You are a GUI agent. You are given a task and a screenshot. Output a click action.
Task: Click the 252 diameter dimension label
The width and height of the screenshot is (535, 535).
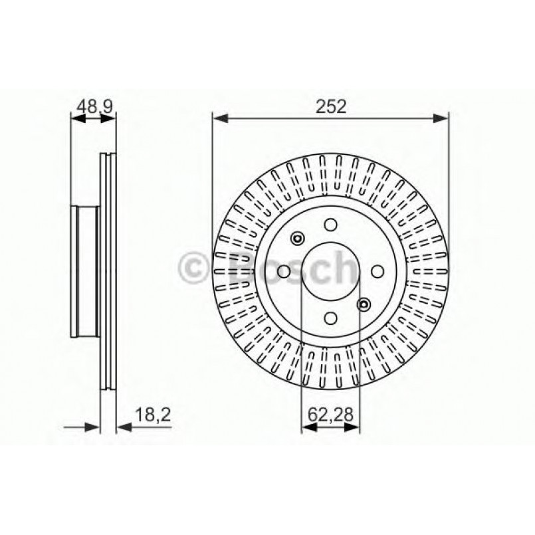(x=330, y=106)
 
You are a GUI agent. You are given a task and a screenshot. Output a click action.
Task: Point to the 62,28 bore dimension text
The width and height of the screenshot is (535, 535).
(x=330, y=417)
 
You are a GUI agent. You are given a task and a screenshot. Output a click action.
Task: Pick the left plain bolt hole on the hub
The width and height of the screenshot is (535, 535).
(x=285, y=271)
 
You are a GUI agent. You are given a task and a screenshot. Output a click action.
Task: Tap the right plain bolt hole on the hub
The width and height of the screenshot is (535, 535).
(x=376, y=271)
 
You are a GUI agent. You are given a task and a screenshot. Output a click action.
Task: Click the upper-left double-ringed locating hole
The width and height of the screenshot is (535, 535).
(x=298, y=239)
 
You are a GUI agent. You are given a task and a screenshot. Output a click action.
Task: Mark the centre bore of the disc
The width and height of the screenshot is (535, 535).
(x=330, y=271)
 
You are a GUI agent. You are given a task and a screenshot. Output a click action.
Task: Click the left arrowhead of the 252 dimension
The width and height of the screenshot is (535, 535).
(x=219, y=118)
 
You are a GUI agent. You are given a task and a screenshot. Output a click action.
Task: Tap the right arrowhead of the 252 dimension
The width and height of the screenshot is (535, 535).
(x=443, y=118)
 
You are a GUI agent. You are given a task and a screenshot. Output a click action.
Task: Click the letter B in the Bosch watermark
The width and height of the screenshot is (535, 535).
(x=242, y=268)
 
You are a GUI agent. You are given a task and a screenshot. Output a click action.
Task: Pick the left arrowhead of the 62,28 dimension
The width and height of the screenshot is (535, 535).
(x=307, y=429)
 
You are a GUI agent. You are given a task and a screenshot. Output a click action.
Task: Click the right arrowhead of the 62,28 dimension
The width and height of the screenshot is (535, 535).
(x=354, y=429)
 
